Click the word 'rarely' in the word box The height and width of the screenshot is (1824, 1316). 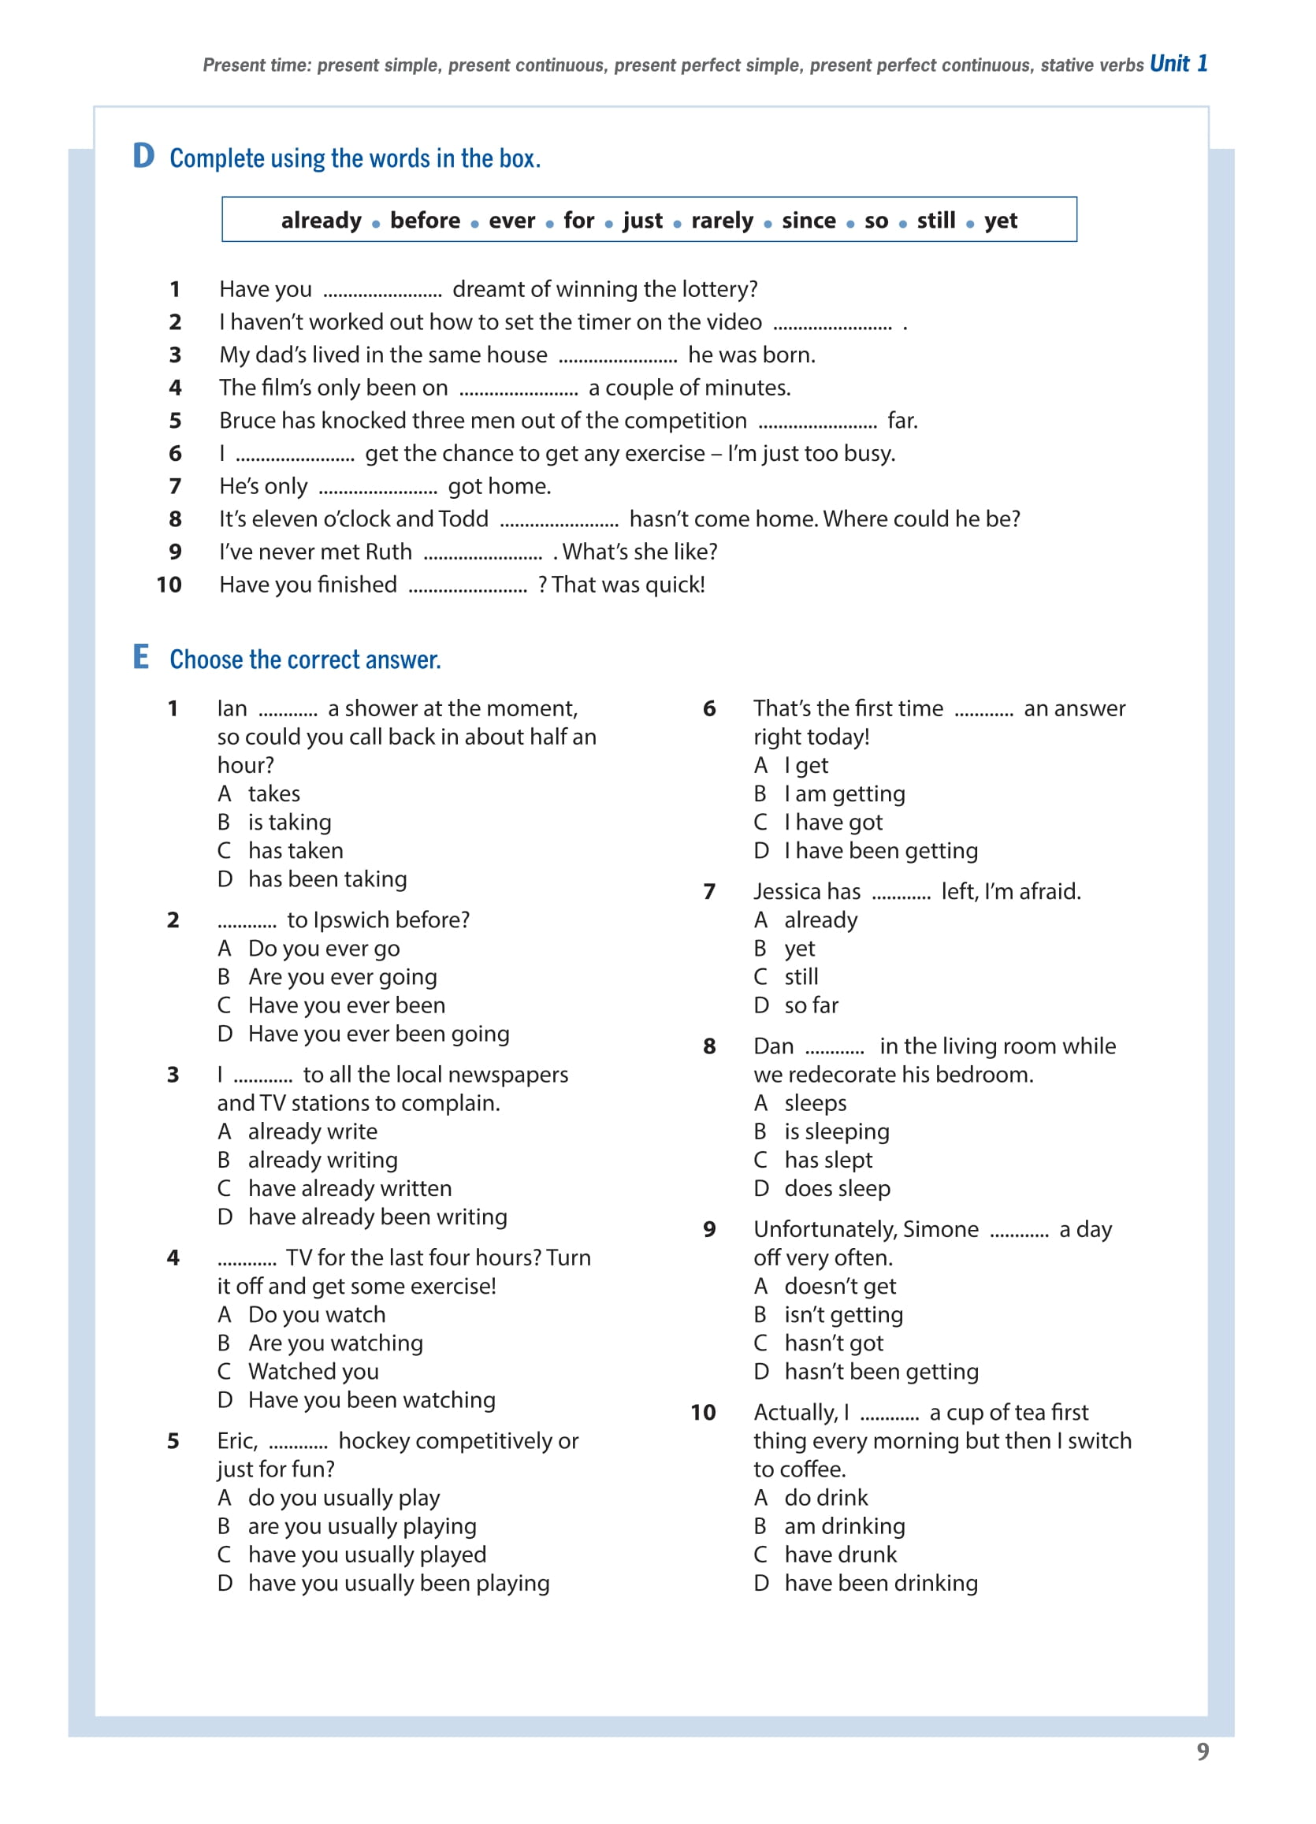[x=722, y=221]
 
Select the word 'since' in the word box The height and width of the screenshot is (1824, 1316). [x=809, y=221]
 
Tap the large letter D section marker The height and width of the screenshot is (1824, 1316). [x=143, y=156]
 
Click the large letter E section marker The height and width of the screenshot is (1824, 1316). [x=141, y=657]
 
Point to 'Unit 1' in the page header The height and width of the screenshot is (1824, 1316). [x=1177, y=64]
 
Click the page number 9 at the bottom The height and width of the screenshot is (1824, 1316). [x=1203, y=1751]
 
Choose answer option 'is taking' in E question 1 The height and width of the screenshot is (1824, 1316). [x=288, y=822]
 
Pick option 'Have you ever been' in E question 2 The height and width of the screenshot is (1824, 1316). [x=346, y=1005]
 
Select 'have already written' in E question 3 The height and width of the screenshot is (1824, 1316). [x=349, y=1188]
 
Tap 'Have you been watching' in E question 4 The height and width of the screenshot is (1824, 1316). [x=371, y=1400]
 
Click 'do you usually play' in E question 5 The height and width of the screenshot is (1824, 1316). [x=344, y=1498]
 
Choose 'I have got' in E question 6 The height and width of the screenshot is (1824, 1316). [x=833, y=822]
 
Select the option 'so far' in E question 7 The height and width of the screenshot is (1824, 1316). [x=811, y=1005]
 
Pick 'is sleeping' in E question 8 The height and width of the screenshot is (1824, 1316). [x=837, y=1131]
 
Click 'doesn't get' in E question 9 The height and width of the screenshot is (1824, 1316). [x=839, y=1286]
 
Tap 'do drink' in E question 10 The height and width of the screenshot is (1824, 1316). [x=825, y=1498]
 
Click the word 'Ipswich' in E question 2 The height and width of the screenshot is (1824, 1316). [x=351, y=920]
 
